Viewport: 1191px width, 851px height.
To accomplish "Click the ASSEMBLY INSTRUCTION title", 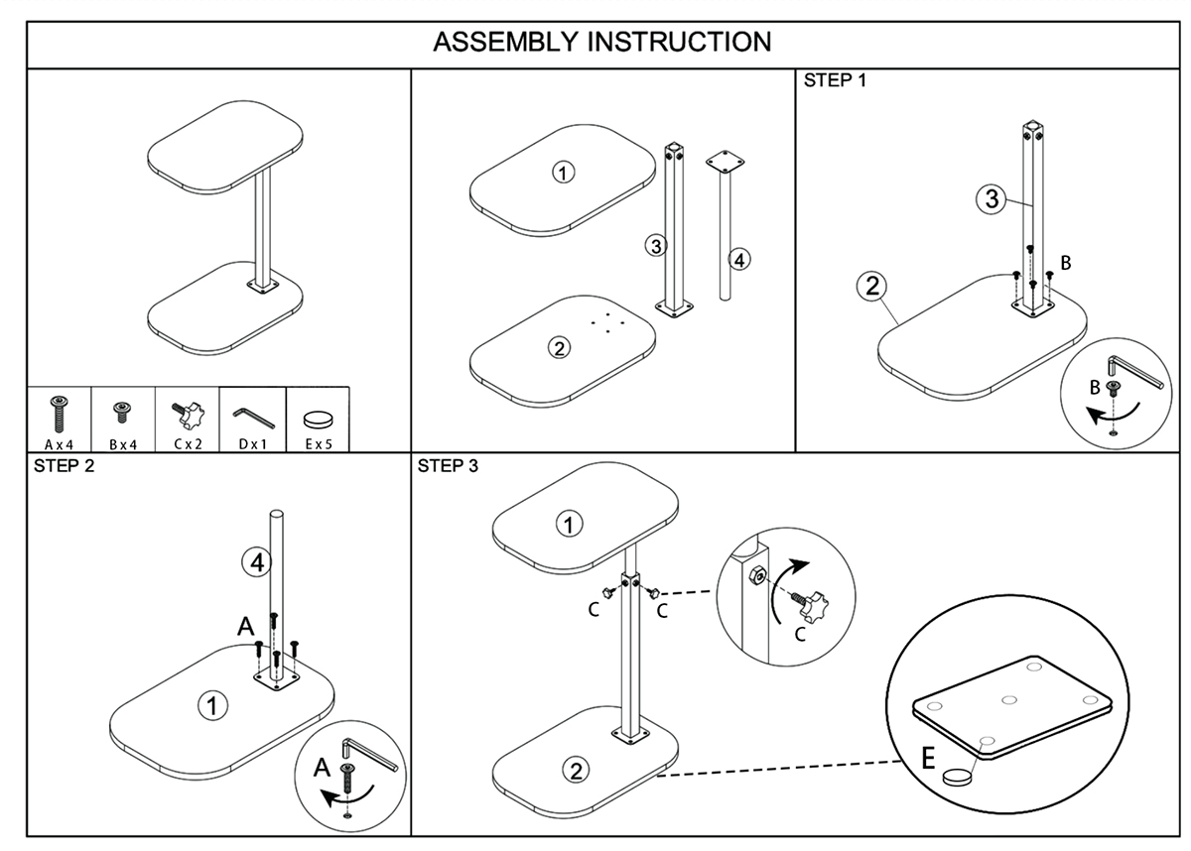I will pyautogui.click(x=601, y=43).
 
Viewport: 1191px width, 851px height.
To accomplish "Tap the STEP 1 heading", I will pyautogui.click(x=834, y=81).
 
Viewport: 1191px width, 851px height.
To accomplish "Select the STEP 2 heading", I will pyautogui.click(x=64, y=466).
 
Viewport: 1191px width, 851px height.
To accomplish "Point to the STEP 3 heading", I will pyautogui.click(x=448, y=466).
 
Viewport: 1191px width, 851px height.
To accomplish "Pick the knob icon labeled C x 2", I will pyautogui.click(x=188, y=411).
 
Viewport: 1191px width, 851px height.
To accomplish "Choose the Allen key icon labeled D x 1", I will pyautogui.click(x=251, y=412).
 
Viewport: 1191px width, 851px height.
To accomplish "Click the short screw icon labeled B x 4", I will pyautogui.click(x=123, y=410).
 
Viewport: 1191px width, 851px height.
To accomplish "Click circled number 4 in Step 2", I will pyautogui.click(x=256, y=562).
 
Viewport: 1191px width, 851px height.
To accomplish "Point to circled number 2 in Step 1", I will pyautogui.click(x=870, y=288).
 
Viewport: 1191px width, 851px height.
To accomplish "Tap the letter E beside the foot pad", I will pyautogui.click(x=926, y=759).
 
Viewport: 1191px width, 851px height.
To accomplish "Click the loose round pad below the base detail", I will pyautogui.click(x=959, y=777).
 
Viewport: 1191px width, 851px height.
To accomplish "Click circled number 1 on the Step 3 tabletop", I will pyautogui.click(x=568, y=524).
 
